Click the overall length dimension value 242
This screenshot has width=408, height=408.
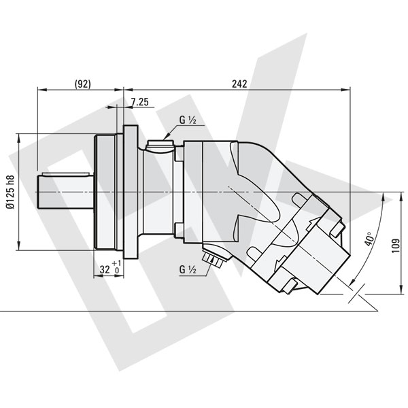click(x=239, y=83)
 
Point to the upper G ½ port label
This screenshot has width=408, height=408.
click(x=188, y=120)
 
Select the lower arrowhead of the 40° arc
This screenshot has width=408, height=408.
click(x=354, y=282)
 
